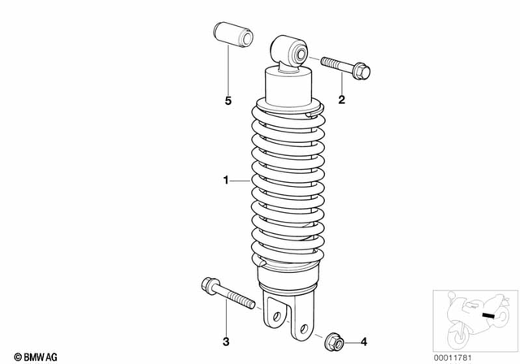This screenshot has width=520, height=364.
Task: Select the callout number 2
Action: (341, 101)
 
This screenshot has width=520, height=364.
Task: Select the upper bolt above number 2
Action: (345, 68)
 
